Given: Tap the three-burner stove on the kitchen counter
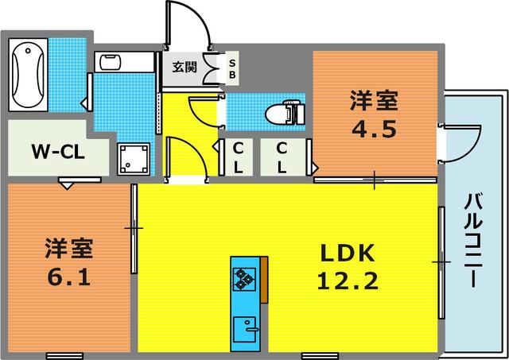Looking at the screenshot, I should coord(243,277).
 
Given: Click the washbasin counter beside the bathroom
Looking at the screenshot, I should coord(119,64).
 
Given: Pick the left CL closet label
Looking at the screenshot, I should coord(238,157).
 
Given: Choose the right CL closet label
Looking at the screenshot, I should coord(283,157).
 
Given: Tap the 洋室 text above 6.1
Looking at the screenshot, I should coord(69,250).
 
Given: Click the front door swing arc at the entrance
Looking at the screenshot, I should coord(191,24).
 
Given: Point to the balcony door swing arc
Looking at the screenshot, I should coord(462,143).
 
